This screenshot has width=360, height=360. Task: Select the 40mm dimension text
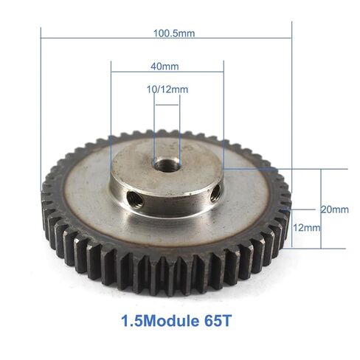[x=165, y=66]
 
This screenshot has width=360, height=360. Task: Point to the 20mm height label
[x=335, y=210]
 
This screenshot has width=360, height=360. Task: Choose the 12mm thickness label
[x=306, y=228]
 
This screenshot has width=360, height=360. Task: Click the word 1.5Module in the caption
[x=153, y=322]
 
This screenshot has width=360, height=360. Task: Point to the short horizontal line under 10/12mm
[x=166, y=105]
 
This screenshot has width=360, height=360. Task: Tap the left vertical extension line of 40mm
[x=111, y=111]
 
